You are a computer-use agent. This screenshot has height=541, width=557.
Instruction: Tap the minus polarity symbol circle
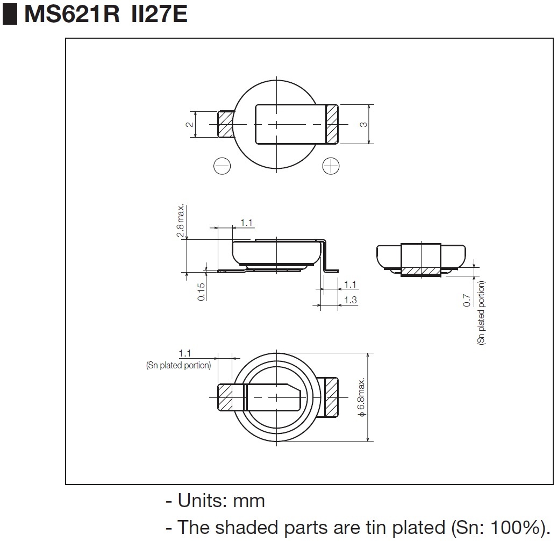click(x=222, y=166)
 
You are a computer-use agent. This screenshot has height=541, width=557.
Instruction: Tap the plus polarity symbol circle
click(x=331, y=166)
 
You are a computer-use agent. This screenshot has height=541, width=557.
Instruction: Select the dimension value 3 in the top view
click(x=364, y=124)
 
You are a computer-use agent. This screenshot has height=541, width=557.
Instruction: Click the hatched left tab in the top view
click(x=225, y=124)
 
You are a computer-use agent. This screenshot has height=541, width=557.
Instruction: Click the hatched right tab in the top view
click(x=332, y=124)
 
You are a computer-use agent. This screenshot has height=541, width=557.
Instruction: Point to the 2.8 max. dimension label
click(x=181, y=221)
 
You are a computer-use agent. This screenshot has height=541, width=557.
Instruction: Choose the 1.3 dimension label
click(x=350, y=300)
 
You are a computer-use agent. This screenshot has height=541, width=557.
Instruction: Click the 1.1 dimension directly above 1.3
click(x=350, y=284)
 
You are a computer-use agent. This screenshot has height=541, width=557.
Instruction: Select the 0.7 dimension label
click(x=467, y=301)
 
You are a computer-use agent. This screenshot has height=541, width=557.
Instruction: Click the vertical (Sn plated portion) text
click(x=481, y=312)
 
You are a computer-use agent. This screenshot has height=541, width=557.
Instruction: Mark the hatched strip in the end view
click(x=421, y=269)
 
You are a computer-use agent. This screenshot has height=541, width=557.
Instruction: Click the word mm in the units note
click(x=249, y=501)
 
